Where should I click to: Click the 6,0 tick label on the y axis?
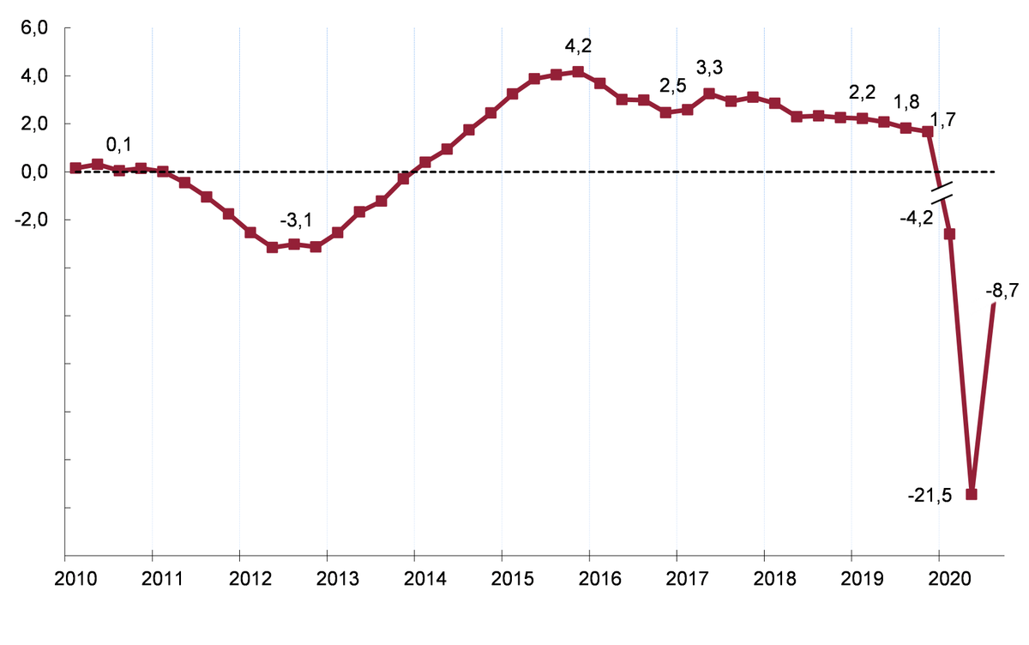pyautogui.click(x=35, y=28)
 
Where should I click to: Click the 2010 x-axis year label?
pyautogui.click(x=64, y=578)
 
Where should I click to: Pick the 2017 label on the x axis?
pyautogui.click(x=677, y=578)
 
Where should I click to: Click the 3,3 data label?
pyautogui.click(x=709, y=67)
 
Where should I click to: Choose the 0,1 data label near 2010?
pyautogui.click(x=119, y=144)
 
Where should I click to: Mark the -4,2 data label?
pyautogui.click(x=916, y=218)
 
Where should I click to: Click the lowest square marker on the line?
pyautogui.click(x=972, y=494)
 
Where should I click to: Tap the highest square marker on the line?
pyautogui.click(x=578, y=72)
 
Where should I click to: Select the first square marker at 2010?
pyautogui.click(x=75, y=168)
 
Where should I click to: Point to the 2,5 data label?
pyautogui.click(x=672, y=87)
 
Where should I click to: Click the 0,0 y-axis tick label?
pyautogui.click(x=35, y=172)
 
